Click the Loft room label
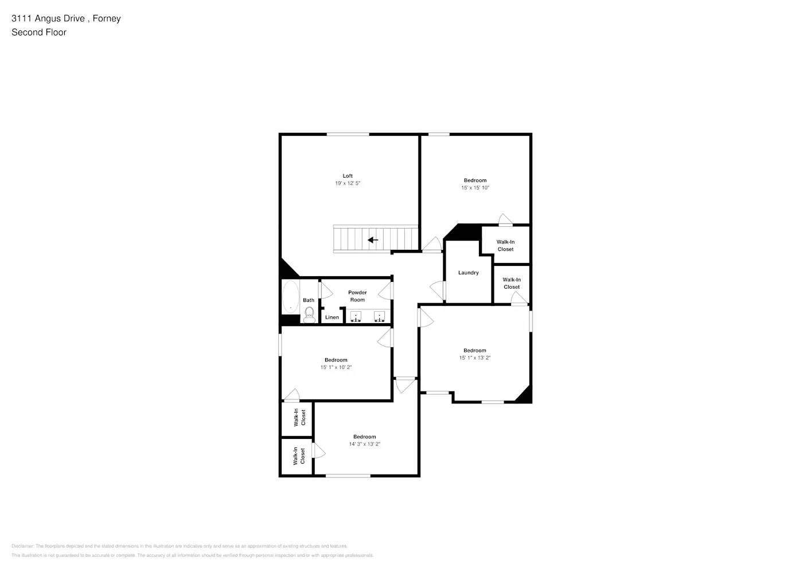348,176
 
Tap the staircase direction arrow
373,240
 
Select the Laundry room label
468,273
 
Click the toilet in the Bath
309,313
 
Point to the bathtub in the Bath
290,296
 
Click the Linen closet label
332,317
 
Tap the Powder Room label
357,296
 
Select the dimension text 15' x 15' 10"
475,188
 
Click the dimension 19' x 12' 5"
348,183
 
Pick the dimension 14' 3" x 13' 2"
364,444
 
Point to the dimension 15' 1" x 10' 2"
336,367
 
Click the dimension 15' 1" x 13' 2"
474,358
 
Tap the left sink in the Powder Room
356,316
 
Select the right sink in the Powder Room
379,316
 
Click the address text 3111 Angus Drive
48,18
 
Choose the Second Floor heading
39,33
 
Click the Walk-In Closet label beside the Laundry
512,284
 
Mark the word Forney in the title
107,18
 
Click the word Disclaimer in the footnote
22,546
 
